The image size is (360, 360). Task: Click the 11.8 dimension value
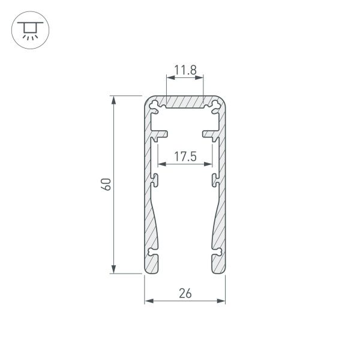coord(185,71)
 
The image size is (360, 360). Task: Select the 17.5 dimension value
coord(185,157)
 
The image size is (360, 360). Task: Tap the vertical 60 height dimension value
coord(106,184)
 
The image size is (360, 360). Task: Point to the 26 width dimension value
coord(185,293)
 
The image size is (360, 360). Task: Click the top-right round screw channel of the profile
coord(214,106)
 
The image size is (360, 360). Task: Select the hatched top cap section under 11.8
coord(185,102)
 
